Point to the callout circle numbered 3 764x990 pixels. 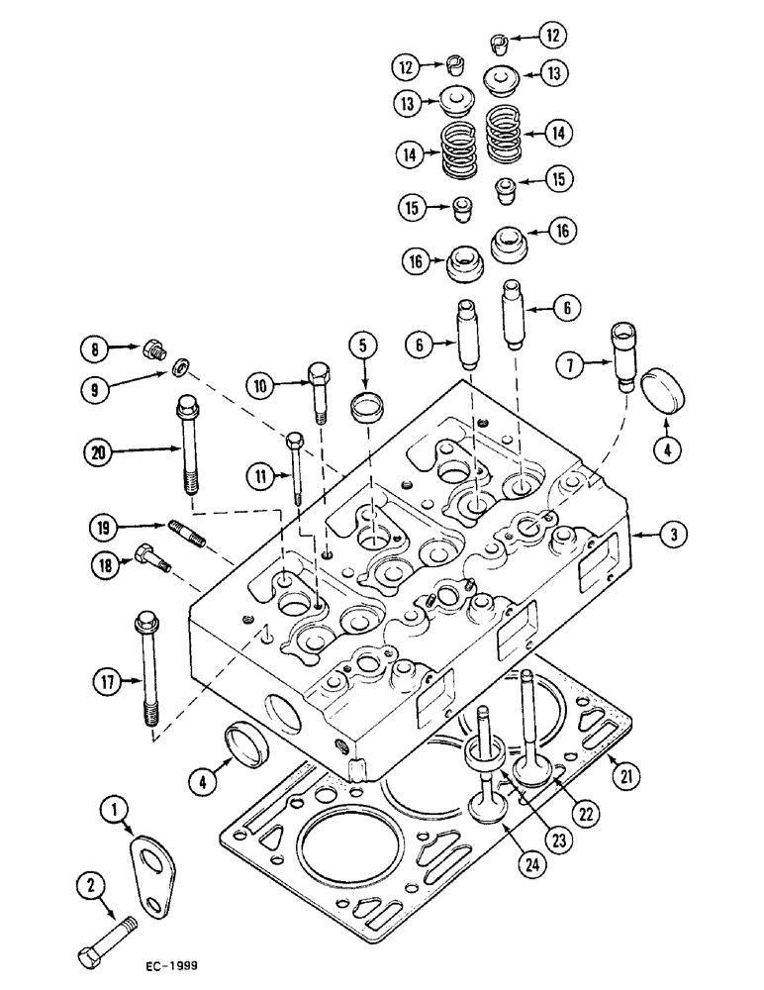click(673, 536)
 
